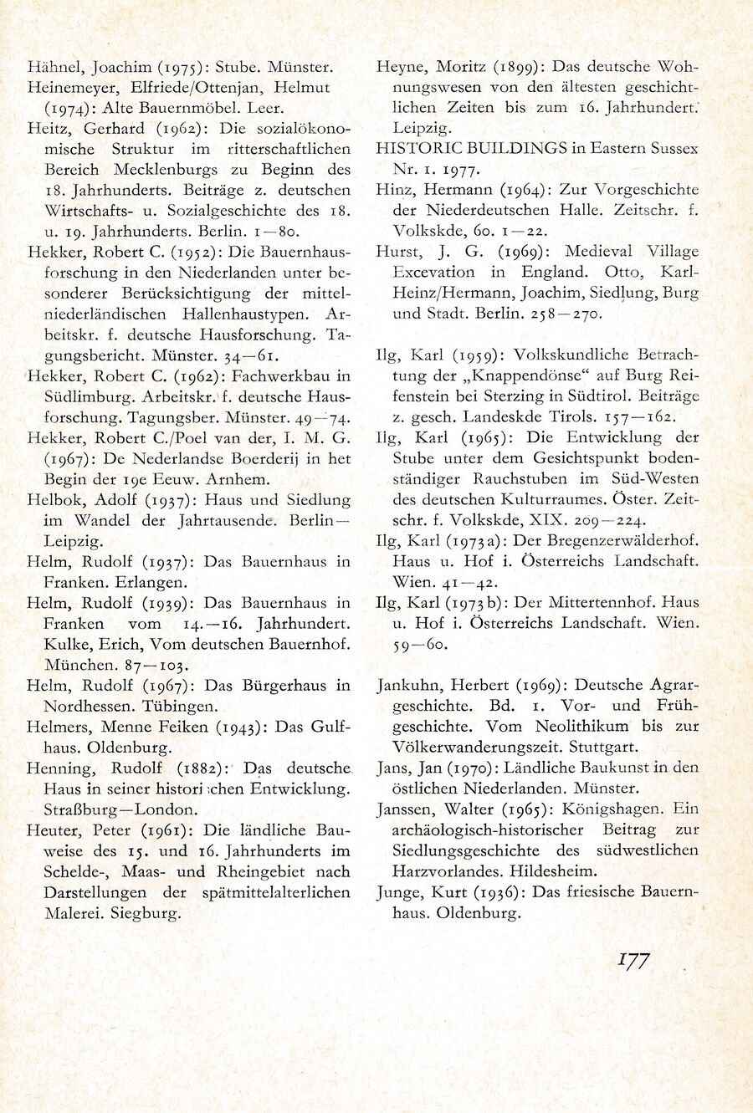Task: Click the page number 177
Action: click(x=634, y=961)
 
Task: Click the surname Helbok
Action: click(x=53, y=500)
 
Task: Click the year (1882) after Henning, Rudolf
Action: click(x=199, y=768)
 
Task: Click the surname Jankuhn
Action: click(x=411, y=686)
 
